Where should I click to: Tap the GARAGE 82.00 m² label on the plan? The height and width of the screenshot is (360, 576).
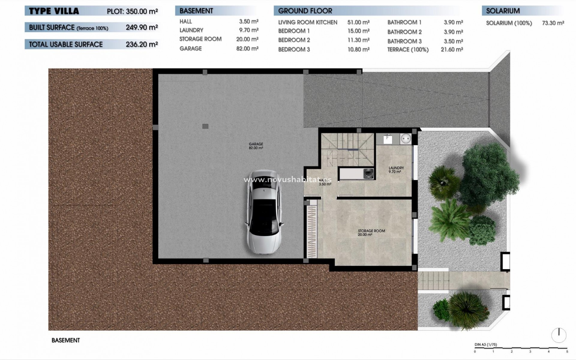point(256,146)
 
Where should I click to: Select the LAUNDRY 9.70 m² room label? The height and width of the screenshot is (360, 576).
point(396,170)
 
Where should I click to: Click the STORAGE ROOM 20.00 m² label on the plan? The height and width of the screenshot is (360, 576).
point(371,232)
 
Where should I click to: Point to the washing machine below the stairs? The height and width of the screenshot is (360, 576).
point(368,173)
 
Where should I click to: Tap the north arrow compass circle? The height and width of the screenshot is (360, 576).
point(559,335)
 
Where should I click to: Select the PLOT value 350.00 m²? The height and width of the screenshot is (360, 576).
point(142,11)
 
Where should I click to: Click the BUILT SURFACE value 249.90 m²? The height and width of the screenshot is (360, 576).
point(142,27)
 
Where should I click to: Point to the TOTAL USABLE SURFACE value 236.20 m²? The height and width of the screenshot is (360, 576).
point(142,44)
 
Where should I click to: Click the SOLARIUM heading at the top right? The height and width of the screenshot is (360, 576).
point(503,11)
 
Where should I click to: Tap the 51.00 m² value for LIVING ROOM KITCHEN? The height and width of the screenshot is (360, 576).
point(358,22)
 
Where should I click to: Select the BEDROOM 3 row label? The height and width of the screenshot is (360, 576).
point(294,49)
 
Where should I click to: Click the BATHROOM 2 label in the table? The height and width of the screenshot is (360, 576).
point(404,32)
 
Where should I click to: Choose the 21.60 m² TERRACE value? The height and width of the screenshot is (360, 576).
point(451,49)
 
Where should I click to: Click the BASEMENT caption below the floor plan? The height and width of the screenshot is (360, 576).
point(66,340)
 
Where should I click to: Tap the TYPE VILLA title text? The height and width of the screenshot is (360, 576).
point(54,11)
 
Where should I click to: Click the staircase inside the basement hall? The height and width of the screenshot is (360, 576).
point(348,148)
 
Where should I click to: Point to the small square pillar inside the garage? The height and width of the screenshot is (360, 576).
point(205,126)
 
